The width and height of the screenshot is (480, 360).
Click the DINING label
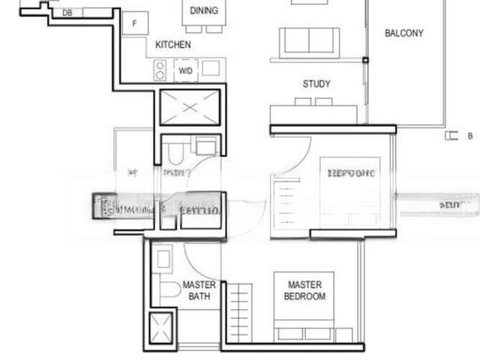pyautogui.click(x=204, y=10)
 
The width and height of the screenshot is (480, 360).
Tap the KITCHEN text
pyautogui.click(x=172, y=45)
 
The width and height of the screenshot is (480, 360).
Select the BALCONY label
pyautogui.click(x=403, y=33)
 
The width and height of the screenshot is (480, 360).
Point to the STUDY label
pyautogui.click(x=316, y=84)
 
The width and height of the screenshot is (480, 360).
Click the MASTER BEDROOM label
pyautogui.click(x=304, y=290)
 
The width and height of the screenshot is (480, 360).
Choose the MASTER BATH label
pyautogui.click(x=199, y=290)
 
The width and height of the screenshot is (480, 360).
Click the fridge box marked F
pyautogui.click(x=135, y=23)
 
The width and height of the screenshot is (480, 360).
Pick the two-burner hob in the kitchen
pyautogui.click(x=160, y=70)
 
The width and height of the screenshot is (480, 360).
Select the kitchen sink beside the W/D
pyautogui.click(x=211, y=69)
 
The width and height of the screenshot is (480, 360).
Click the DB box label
pyautogui.click(x=67, y=13)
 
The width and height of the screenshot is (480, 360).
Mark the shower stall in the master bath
pyautogui.click(x=161, y=327)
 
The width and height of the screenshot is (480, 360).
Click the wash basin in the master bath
pyautogui.click(x=163, y=257)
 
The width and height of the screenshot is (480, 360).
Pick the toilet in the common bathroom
pyautogui.click(x=173, y=154)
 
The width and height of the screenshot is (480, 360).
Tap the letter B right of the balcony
pyautogui.click(x=470, y=136)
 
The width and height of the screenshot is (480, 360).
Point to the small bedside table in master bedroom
pyautogui.click(x=343, y=334)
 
